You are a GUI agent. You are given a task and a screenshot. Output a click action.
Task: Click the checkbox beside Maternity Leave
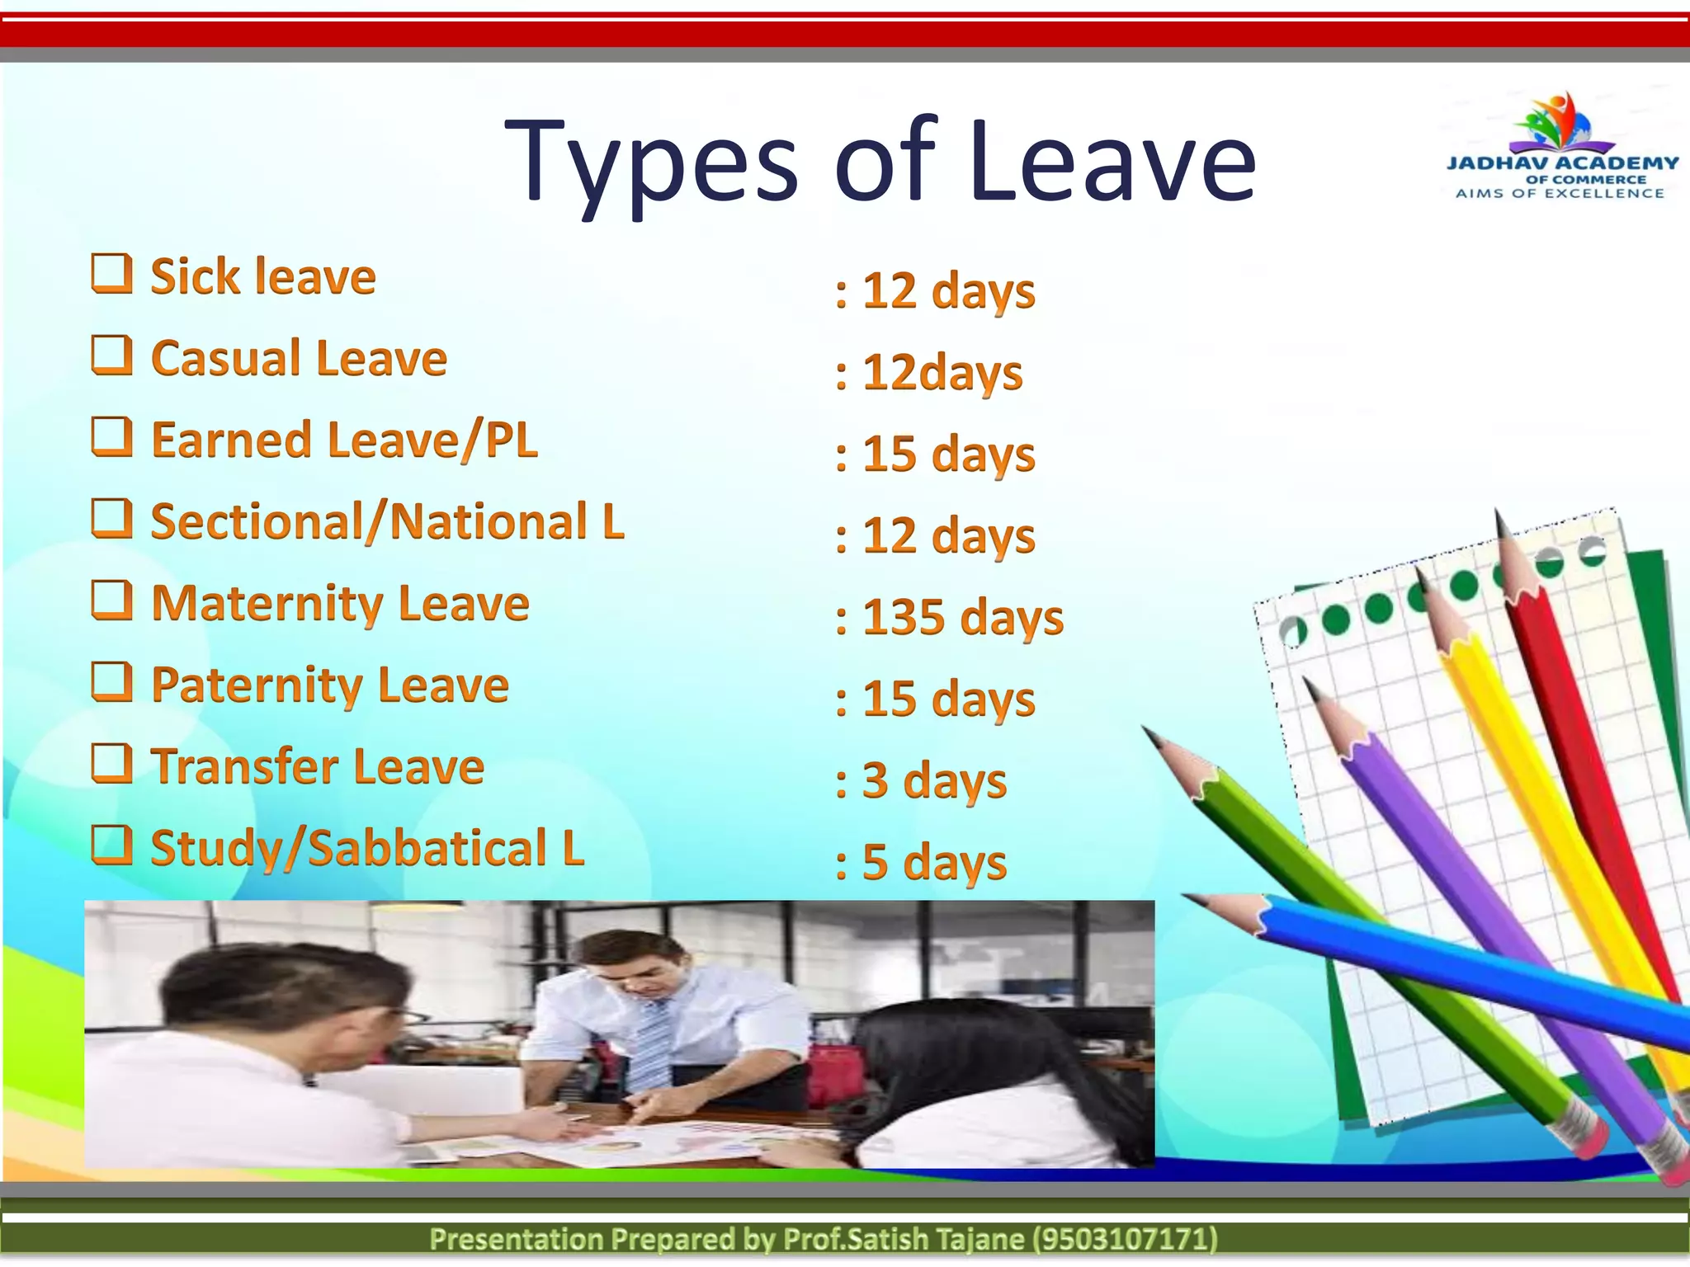coord(111,601)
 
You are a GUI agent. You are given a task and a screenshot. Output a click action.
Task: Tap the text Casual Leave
coord(299,358)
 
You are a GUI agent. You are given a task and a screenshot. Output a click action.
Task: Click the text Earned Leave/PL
coord(344,440)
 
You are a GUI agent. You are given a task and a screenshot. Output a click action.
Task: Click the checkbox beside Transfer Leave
coord(111,764)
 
